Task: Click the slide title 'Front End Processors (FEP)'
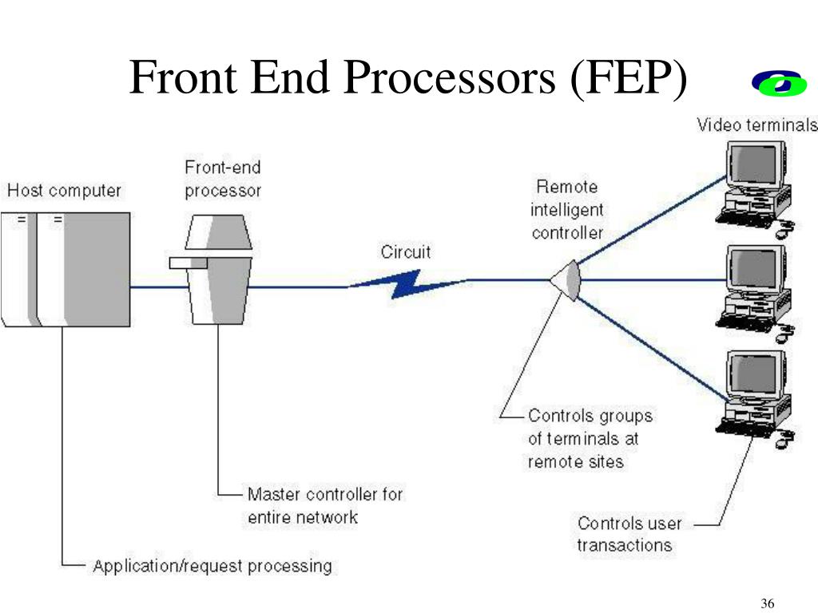(x=408, y=79)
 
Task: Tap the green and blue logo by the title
(x=780, y=83)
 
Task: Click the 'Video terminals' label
(x=756, y=125)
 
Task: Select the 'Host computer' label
(x=64, y=191)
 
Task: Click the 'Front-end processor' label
(x=223, y=179)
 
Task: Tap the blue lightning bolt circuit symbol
(x=407, y=283)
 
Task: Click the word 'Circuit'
(x=405, y=252)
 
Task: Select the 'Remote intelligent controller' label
(x=567, y=210)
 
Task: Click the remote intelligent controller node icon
(x=567, y=280)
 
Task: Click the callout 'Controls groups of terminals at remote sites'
(x=590, y=438)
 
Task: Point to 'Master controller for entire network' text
(x=324, y=505)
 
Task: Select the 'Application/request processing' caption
(x=212, y=567)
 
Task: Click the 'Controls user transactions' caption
(x=629, y=535)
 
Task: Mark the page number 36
(x=768, y=603)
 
